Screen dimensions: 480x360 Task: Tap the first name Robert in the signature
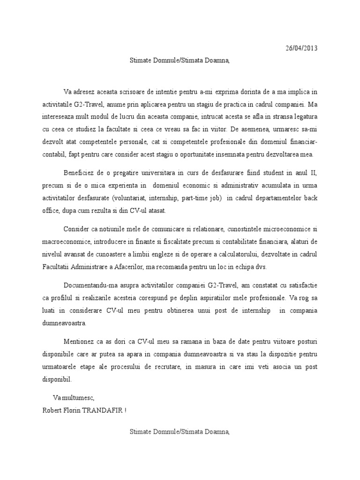pos(52,411)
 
